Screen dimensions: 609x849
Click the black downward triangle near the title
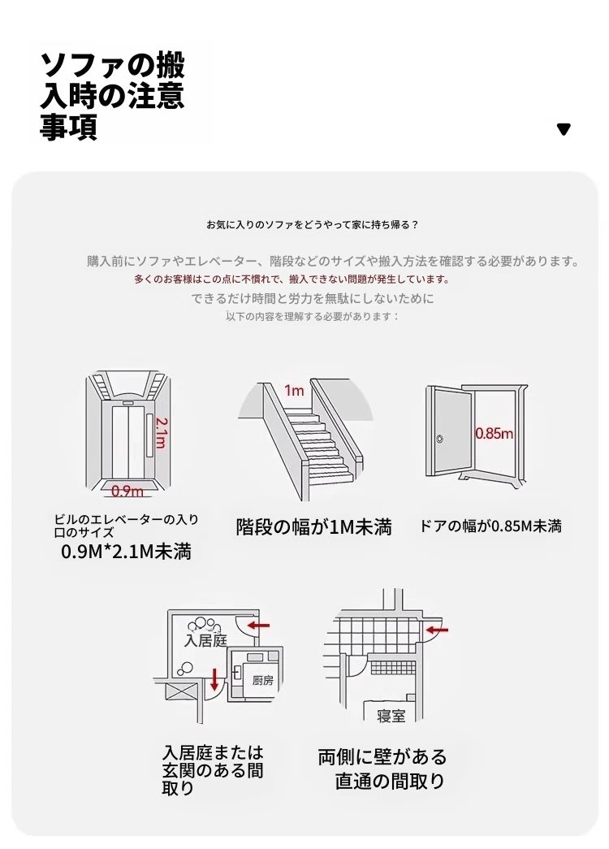coord(564,129)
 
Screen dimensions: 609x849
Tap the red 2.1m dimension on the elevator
coord(161,432)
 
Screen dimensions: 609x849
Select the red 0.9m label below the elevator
coord(127,491)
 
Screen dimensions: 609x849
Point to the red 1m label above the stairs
coord(294,391)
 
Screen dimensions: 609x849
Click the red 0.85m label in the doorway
coord(494,433)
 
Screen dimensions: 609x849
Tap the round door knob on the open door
coord(439,439)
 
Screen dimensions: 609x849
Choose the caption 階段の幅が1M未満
coord(313,526)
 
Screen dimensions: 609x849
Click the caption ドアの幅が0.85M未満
coord(490,526)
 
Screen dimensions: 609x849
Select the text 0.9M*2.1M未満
coord(126,552)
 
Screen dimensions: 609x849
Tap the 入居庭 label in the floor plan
coord(205,640)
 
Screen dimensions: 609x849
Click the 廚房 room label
coord(263,681)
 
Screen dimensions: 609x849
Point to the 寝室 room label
coord(391,716)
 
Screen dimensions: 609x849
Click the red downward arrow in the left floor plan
coord(215,679)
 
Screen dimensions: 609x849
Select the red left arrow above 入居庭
coord(258,626)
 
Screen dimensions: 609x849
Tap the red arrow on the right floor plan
coord(438,630)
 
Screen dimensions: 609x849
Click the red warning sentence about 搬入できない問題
coord(292,279)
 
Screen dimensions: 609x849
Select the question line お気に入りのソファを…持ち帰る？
coord(313,225)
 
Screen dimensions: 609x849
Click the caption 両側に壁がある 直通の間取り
coord(382,769)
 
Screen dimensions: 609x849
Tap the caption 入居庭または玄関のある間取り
coord(213,770)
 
